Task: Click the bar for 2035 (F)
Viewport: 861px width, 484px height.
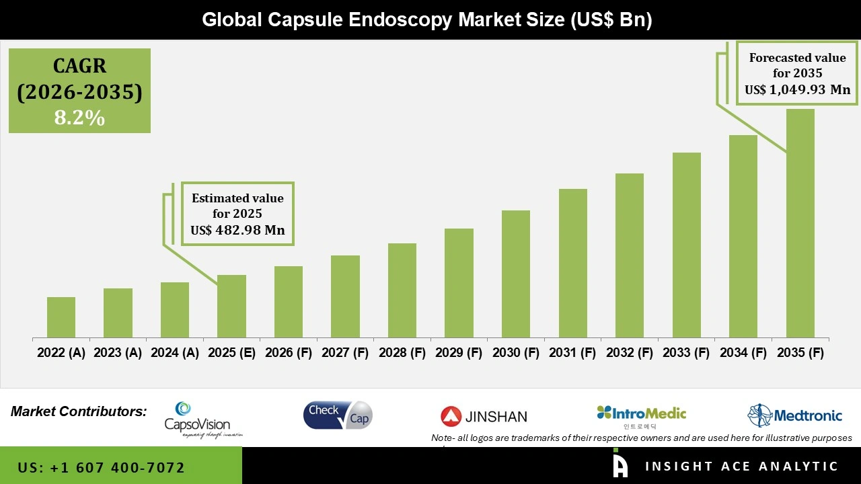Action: [800, 223]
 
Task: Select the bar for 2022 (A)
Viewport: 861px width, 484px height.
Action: [61, 317]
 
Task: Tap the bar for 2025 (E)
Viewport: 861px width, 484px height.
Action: [231, 306]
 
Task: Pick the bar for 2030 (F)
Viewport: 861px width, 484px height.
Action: [515, 274]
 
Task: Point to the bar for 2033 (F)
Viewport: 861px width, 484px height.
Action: [686, 245]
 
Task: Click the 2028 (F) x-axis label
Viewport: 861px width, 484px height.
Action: [402, 353]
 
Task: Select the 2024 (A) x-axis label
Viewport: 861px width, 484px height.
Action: [174, 353]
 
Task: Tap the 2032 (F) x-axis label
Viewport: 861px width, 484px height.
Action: [630, 353]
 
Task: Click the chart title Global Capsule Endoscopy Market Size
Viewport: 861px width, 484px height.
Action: [427, 20]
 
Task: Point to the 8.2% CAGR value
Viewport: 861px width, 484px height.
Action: [79, 118]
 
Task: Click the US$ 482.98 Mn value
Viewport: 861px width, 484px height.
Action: [237, 231]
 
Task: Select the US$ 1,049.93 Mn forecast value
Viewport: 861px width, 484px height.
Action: [797, 89]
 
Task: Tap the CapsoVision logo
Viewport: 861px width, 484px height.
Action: [197, 419]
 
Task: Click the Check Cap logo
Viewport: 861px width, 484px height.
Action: [337, 415]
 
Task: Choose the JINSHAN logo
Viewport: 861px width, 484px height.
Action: [484, 417]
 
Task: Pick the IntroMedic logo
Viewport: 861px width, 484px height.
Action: [641, 415]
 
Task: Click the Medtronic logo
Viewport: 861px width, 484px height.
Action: [794, 415]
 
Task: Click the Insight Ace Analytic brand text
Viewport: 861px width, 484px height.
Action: [741, 467]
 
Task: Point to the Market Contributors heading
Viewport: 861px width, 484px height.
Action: [79, 411]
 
